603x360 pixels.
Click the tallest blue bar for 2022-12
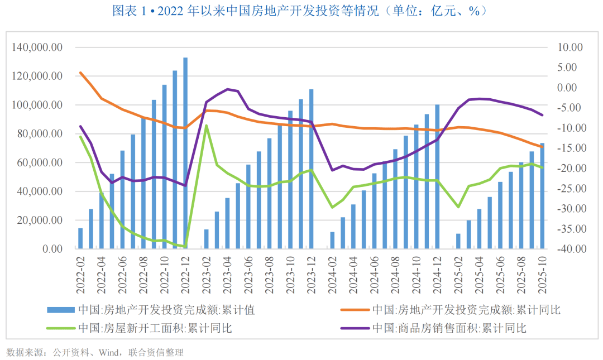185,153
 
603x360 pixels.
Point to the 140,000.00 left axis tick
37,47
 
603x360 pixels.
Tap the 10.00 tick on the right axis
569,47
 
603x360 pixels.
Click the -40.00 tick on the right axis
568,249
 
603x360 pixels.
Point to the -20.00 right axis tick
568,169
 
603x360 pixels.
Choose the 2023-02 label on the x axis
207,273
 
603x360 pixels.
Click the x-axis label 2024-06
374,273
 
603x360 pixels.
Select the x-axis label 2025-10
542,273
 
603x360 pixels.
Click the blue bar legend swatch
61,310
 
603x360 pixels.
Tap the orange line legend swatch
354,310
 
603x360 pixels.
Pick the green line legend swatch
61,328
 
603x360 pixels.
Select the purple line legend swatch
354,328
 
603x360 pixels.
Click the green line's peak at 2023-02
207,125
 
